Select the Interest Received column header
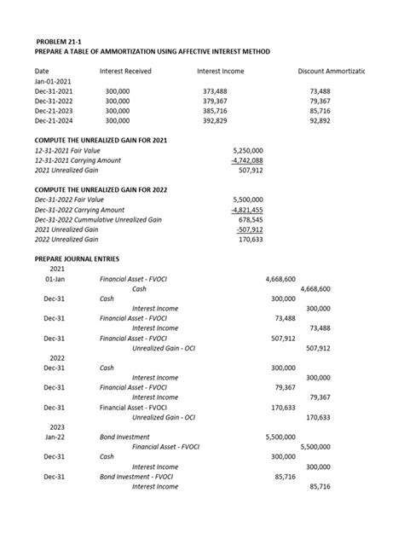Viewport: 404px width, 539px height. coord(125,71)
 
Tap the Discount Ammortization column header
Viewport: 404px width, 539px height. coord(331,71)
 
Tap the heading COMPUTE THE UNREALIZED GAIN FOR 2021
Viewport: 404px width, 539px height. coord(106,138)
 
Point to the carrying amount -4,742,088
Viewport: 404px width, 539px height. coord(246,159)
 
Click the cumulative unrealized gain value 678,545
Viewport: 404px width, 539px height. coord(250,220)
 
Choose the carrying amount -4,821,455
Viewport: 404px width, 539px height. coord(246,210)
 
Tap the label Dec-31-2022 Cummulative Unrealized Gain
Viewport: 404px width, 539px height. coord(98,220)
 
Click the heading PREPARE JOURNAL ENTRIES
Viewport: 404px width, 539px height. coord(77,258)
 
